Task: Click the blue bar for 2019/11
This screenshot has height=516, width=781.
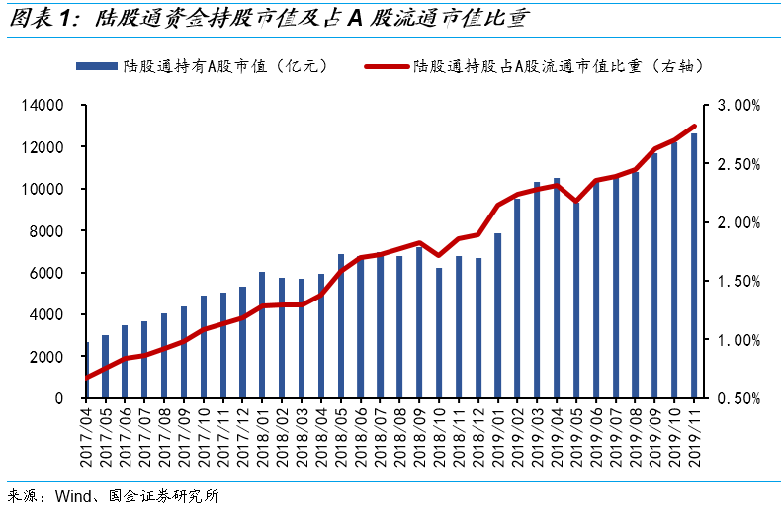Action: (x=694, y=266)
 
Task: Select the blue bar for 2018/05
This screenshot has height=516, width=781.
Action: (x=341, y=326)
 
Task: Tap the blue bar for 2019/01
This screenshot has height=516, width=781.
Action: (x=497, y=315)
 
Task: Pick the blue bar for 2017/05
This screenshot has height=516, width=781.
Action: (x=105, y=367)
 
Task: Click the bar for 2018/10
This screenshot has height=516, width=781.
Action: (x=439, y=333)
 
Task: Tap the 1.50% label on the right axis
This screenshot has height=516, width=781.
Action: (x=738, y=282)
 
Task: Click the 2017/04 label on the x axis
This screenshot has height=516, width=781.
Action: (x=86, y=437)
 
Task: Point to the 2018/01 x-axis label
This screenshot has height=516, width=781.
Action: (x=263, y=437)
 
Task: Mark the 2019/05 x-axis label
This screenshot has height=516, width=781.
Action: (x=575, y=437)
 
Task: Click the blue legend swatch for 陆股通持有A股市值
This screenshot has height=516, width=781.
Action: (x=97, y=66)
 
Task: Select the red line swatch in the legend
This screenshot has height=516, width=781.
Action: (x=386, y=66)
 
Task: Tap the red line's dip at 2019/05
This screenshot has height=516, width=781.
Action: (x=575, y=202)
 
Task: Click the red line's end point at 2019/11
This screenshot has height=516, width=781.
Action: (x=694, y=127)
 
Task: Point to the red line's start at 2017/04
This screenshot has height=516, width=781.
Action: (x=87, y=378)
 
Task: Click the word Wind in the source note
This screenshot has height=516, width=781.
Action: (x=73, y=496)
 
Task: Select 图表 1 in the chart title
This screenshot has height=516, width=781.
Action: (x=41, y=19)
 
